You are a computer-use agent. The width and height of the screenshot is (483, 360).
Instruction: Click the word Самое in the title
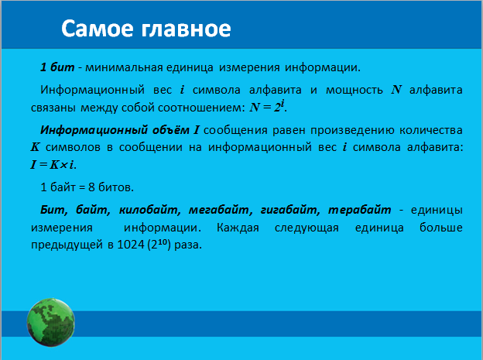[98, 29]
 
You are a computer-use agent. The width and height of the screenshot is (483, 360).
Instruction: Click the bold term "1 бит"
[57, 67]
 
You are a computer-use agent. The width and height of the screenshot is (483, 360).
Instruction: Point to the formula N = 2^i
[267, 106]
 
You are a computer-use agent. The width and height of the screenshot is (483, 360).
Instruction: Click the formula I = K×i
[53, 165]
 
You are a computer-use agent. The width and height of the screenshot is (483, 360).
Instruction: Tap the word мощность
[355, 91]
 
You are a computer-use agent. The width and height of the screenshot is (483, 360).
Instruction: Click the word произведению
[352, 130]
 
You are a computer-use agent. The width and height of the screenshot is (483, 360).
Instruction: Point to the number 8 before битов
[91, 187]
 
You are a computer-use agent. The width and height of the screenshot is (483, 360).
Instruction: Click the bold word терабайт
[359, 210]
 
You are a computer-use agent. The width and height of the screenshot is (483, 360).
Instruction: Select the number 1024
[131, 245]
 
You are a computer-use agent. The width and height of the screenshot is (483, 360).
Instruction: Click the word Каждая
[238, 228]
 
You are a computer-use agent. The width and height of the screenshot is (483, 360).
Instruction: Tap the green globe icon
[51, 322]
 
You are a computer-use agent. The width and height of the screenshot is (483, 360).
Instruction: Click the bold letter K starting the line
[35, 147]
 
